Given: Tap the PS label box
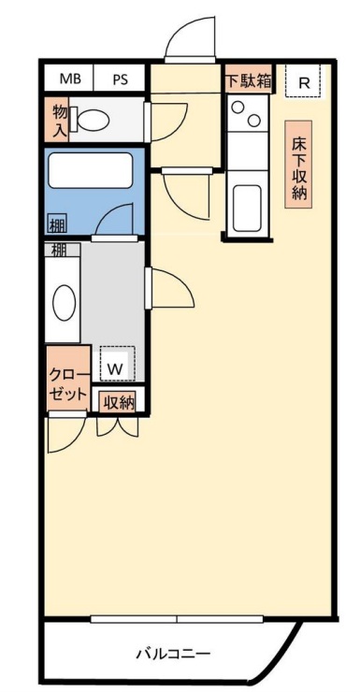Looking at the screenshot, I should click(x=121, y=79).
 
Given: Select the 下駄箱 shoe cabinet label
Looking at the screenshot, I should click(x=249, y=79).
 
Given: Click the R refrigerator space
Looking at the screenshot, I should click(x=303, y=80).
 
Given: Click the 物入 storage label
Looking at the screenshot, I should click(x=60, y=119).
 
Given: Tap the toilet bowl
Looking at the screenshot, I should click(x=94, y=120).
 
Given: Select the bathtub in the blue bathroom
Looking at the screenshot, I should click(x=90, y=172).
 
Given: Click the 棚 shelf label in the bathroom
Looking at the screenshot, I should click(x=58, y=224).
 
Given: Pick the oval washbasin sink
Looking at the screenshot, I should click(x=64, y=302).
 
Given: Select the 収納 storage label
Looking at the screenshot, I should click(x=118, y=402).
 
